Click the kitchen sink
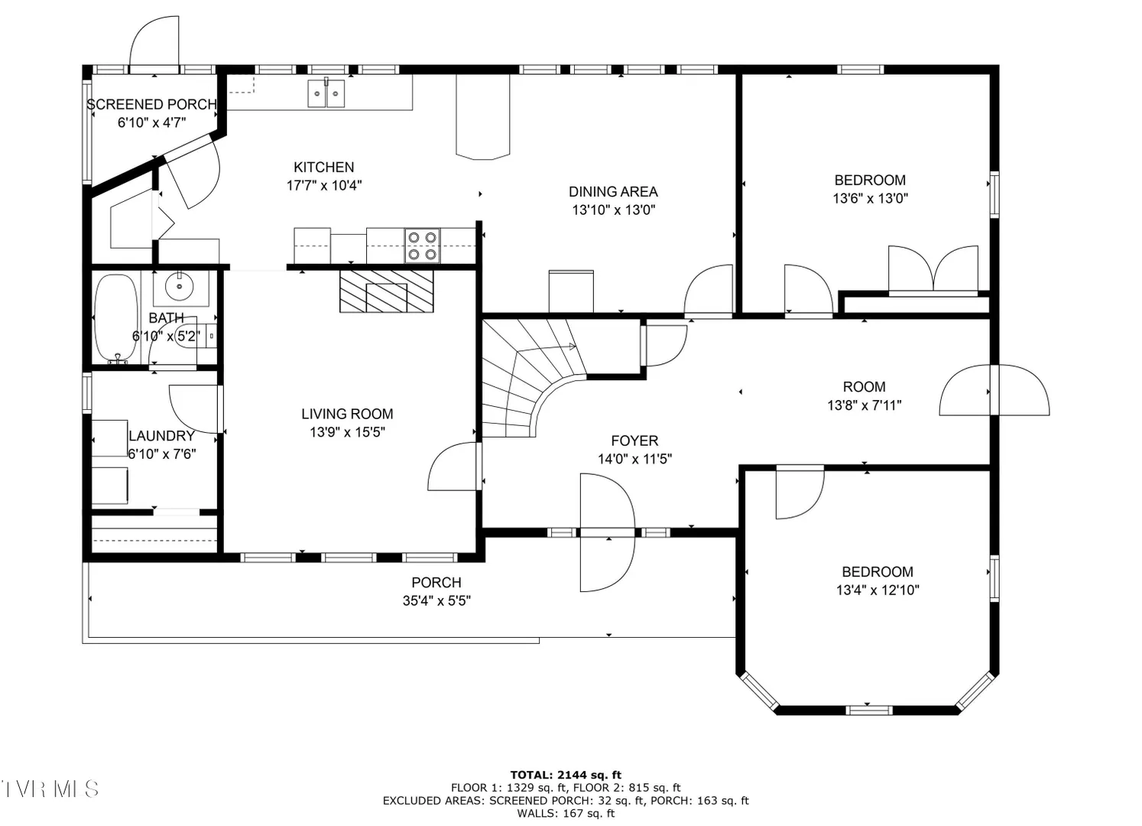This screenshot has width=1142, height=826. [326, 93]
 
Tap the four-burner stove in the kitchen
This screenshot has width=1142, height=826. [422, 246]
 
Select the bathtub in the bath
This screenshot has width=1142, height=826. [116, 318]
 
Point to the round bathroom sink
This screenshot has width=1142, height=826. [180, 287]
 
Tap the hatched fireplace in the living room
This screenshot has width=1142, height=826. [387, 291]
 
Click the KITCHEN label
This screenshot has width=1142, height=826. [324, 167]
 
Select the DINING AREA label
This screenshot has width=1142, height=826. [613, 192]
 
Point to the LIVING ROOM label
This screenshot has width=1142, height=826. [347, 414]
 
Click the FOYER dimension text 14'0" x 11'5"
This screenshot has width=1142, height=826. [634, 459]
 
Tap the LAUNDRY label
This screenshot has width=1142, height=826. [161, 436]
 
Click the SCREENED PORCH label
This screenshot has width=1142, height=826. [152, 105]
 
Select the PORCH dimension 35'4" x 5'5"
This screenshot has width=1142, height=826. [436, 600]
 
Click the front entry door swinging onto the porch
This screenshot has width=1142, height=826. [608, 532]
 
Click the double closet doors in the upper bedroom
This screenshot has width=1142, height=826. [933, 269]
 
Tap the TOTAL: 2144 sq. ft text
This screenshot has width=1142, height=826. [566, 776]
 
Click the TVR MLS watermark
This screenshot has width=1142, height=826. [50, 789]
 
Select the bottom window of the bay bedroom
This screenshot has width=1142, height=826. [869, 710]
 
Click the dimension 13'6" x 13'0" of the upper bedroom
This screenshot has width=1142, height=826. [871, 198]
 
